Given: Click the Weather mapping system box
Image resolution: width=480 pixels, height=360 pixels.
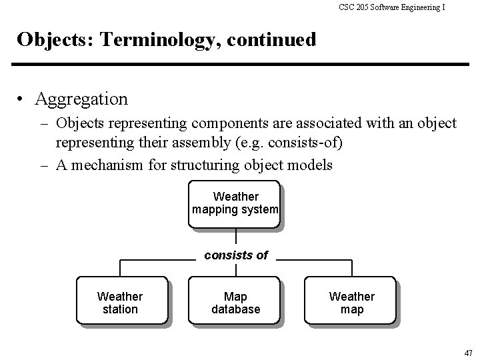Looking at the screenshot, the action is coord(235,203).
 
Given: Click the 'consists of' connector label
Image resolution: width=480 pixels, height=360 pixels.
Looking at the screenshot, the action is coord(236,255).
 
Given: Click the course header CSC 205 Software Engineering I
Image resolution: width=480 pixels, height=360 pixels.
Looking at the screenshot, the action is coord(392,7).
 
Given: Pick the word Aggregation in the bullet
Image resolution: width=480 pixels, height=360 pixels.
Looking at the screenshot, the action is coord(81,99).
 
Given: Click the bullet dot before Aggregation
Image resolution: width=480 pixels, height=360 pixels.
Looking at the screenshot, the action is coord(23,100).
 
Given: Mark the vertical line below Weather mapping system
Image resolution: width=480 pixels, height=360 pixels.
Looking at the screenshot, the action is coord(235,238).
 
